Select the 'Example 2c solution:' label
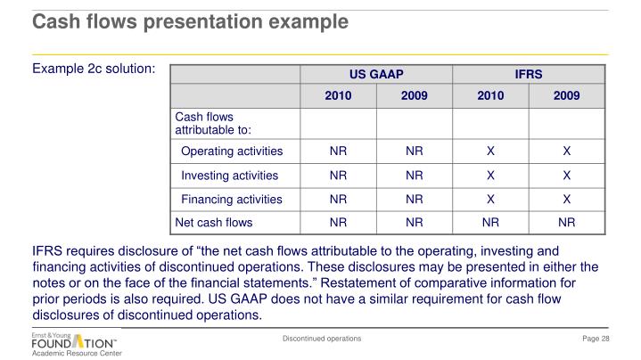95,68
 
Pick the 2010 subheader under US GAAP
338,95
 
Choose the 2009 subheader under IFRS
566,95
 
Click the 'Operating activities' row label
232,151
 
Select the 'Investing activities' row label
229,176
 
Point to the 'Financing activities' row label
232,200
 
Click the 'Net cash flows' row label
214,223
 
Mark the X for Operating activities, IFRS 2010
490,151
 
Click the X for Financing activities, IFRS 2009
566,200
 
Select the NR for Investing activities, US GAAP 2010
338,176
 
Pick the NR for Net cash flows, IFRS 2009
566,223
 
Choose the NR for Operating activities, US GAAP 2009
415,151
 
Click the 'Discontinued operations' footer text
322,339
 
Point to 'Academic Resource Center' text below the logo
77,354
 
